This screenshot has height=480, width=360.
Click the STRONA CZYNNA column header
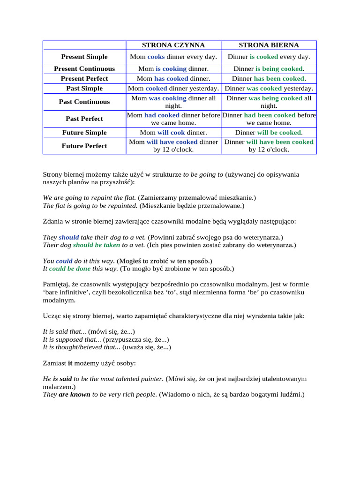[x=173, y=45]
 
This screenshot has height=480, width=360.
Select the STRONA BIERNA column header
[x=269, y=45]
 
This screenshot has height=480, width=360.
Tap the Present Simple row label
[x=84, y=57]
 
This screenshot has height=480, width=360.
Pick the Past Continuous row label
[x=84, y=102]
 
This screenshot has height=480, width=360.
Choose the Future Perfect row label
[x=84, y=146]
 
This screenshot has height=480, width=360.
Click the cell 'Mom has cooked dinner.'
[x=173, y=78]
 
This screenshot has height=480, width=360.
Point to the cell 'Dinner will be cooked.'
[x=269, y=133]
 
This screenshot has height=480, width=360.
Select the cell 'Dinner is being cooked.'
[x=269, y=68]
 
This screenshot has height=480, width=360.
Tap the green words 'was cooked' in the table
[x=264, y=88]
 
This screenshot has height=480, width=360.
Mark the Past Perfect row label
[x=84, y=119]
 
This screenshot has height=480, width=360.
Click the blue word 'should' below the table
[x=69, y=237]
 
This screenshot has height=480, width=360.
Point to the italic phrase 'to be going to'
[x=203, y=174]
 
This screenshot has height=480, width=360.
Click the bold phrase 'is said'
[x=62, y=378]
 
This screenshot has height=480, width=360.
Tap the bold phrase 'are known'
[x=75, y=394]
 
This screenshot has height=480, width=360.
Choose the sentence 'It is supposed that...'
[x=72, y=339]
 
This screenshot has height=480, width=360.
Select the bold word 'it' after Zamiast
[x=70, y=363]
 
